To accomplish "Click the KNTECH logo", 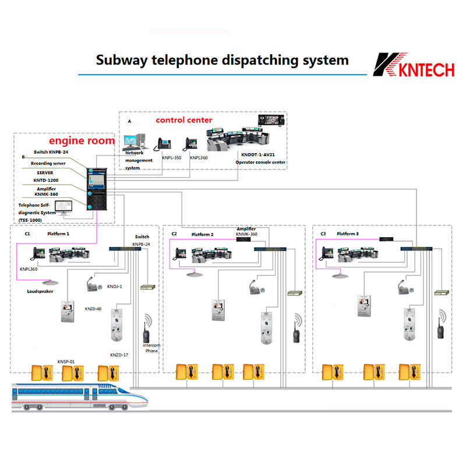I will tap(413, 65).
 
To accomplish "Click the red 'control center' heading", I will tap(184, 120).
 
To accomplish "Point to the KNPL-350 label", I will tap(170, 157).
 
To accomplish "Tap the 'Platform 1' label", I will tap(58, 234).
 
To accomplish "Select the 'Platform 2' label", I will tap(203, 234).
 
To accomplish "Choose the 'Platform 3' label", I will tap(348, 234).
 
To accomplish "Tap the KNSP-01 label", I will tap(66, 362).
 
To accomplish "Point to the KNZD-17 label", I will tap(119, 355).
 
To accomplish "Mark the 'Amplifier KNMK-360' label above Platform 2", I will tap(247, 232).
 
